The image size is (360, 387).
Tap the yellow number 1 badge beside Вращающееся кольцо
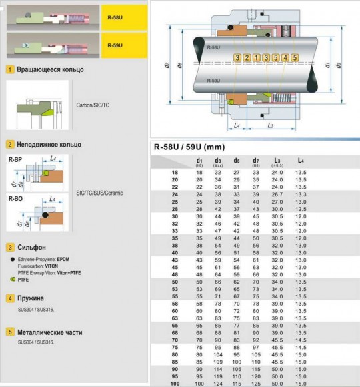click(11, 69)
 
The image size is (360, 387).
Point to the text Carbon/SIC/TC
click(93, 105)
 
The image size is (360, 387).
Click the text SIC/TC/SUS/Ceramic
click(100, 193)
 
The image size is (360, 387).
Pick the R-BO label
click(15, 199)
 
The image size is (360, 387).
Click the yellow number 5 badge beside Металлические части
click(11, 331)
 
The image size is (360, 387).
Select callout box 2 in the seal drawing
click(247, 58)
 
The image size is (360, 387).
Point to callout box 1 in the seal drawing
click(257, 58)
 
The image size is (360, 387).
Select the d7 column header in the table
click(255, 161)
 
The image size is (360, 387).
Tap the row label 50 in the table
click(175, 282)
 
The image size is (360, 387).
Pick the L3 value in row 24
click(277, 194)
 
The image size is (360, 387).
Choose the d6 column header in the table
click(237, 161)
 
